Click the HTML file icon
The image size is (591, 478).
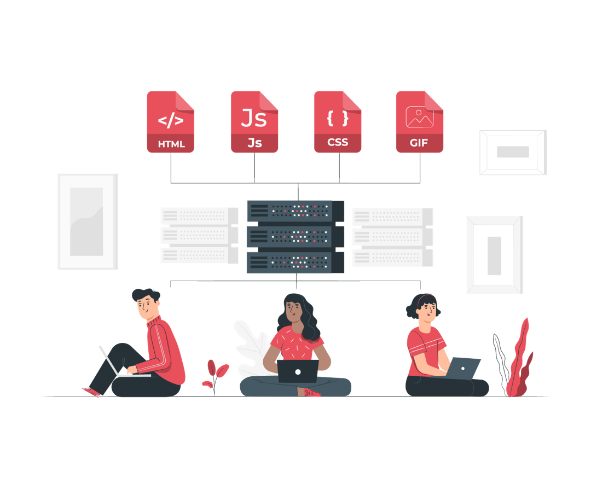point(170,121)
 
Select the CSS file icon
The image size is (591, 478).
point(338,121)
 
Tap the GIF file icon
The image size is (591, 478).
point(420,121)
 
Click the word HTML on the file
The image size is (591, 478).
point(171,144)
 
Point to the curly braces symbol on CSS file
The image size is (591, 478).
point(338,118)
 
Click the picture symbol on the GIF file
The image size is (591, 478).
point(419,116)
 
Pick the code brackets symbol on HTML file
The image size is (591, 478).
point(171,120)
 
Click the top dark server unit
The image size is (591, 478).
point(296,211)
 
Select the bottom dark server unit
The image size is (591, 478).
point(296,262)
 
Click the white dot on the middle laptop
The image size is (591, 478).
point(298,372)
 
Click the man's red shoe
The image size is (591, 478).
point(91,392)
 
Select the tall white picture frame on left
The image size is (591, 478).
point(88,221)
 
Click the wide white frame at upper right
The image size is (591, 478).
point(513,152)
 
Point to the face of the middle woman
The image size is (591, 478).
point(293,312)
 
